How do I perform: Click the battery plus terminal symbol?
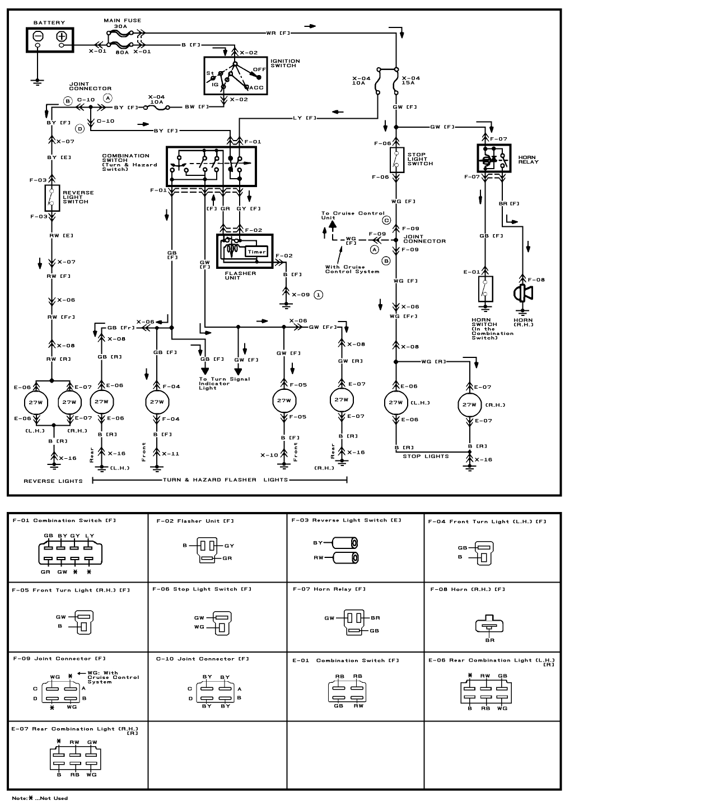tap(61, 37)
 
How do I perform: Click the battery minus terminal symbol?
tap(38, 37)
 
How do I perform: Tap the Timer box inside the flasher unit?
tap(256, 252)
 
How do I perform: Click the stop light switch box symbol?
tap(396, 160)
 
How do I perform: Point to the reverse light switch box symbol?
tap(52, 197)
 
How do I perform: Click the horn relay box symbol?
tap(493, 158)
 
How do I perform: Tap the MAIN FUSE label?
tap(122, 21)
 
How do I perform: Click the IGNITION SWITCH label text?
tap(285, 63)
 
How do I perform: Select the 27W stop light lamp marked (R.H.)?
tap(469, 404)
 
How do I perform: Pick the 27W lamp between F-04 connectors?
tap(156, 402)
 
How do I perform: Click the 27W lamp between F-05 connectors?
tap(284, 401)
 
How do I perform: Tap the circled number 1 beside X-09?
tap(318, 294)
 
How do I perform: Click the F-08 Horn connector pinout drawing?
tap(489, 626)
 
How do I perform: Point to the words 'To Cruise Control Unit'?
tap(352, 216)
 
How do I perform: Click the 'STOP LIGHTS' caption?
tap(426, 457)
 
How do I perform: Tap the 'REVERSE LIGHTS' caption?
tap(53, 481)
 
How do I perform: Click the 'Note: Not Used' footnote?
tap(40, 798)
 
